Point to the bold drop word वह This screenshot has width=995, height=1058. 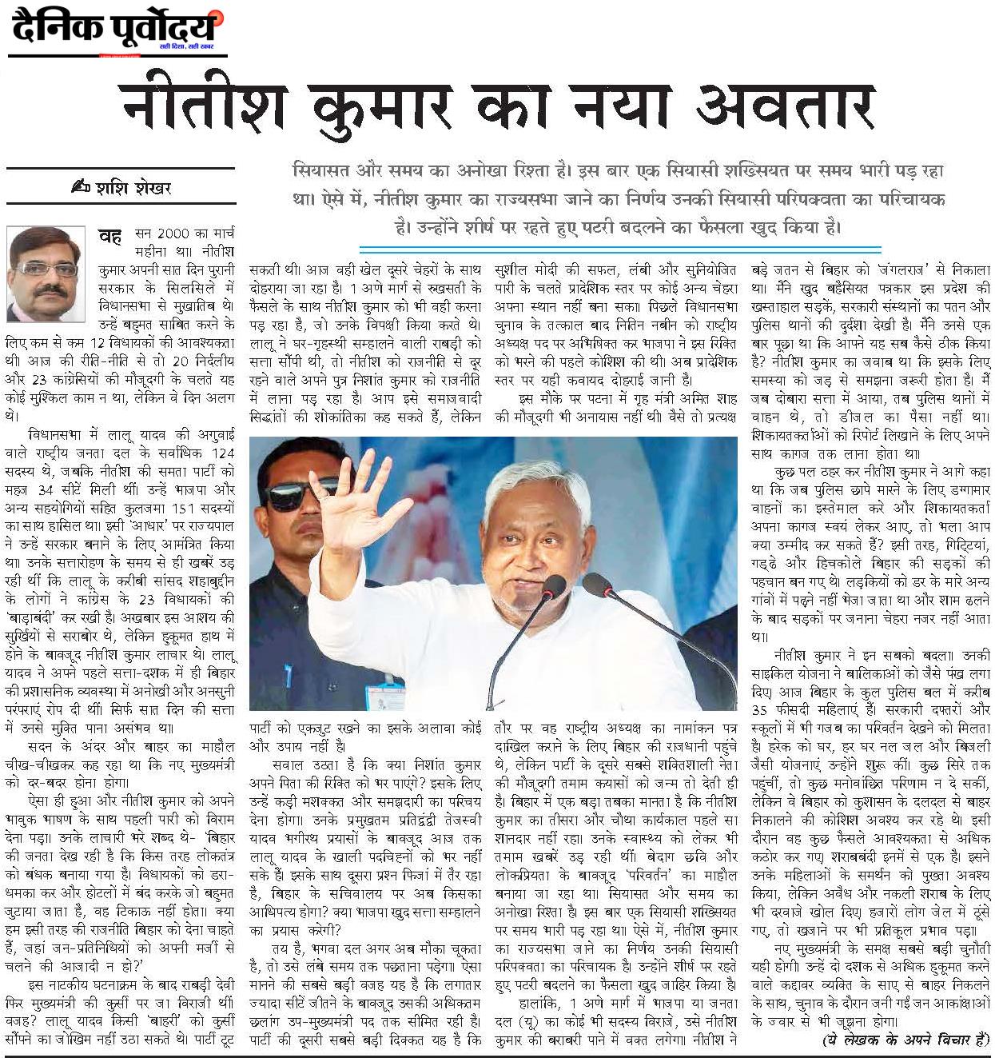109,236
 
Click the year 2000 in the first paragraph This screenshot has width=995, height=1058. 173,234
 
